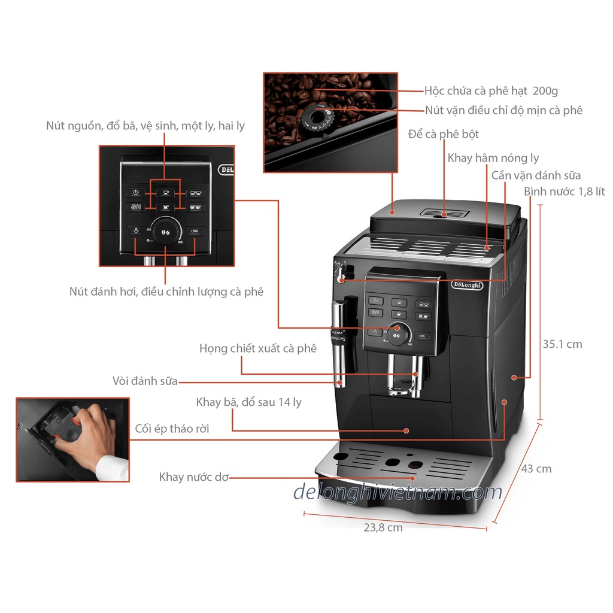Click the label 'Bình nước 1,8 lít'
tap(564, 192)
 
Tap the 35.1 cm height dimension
tap(562, 344)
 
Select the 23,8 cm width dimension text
tap(383, 527)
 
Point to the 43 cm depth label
tap(536, 469)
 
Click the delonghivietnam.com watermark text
tap(397, 492)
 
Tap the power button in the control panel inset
tap(136, 193)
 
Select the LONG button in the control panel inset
tap(194, 231)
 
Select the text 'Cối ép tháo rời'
tap(172, 429)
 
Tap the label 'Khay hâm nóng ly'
tap(493, 158)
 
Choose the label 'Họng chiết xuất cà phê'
tap(258, 348)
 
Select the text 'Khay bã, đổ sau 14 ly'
tap(249, 402)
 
